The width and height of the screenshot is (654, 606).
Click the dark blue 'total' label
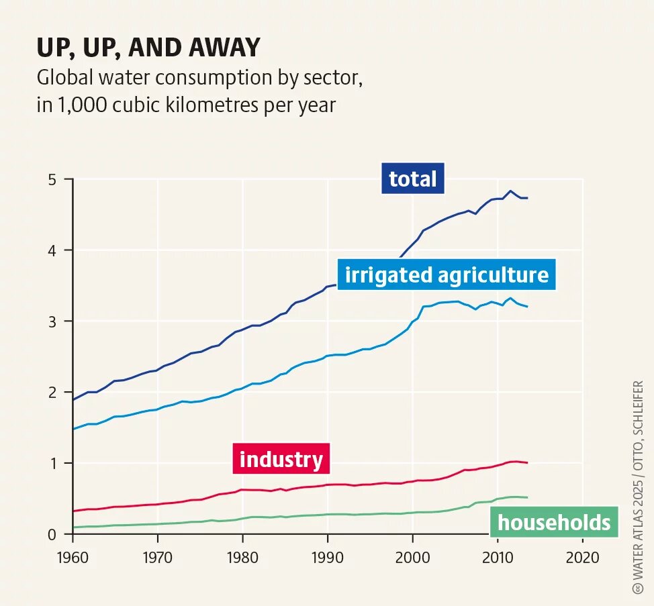click(x=413, y=179)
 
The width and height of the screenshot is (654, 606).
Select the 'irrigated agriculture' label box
click(x=447, y=275)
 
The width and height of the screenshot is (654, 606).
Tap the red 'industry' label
click(x=281, y=460)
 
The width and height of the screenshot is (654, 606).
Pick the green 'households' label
click(x=554, y=522)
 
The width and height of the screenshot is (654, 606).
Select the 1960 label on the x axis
click(x=72, y=557)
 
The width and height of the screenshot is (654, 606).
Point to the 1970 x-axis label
click(x=157, y=557)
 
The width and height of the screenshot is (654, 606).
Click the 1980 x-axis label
click(x=242, y=557)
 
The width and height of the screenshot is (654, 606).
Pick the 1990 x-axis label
click(x=327, y=557)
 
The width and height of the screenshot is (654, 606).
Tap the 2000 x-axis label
click(x=412, y=557)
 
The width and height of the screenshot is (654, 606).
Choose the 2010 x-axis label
click(x=498, y=557)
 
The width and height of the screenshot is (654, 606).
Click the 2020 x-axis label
click(x=582, y=557)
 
